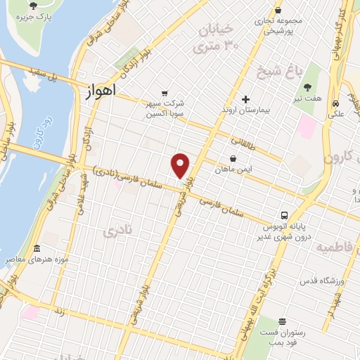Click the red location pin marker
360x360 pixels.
[181, 165]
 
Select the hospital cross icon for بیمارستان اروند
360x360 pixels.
[245, 99]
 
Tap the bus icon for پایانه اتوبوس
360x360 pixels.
[284, 215]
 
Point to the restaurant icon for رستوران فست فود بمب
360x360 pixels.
[282, 323]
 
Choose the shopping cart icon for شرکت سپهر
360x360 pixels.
[164, 92]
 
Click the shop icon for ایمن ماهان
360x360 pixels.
[233, 157]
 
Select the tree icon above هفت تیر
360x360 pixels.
[307, 87]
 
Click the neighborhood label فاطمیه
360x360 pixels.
[335, 248]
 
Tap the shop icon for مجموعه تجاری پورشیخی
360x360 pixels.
[279, 10]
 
